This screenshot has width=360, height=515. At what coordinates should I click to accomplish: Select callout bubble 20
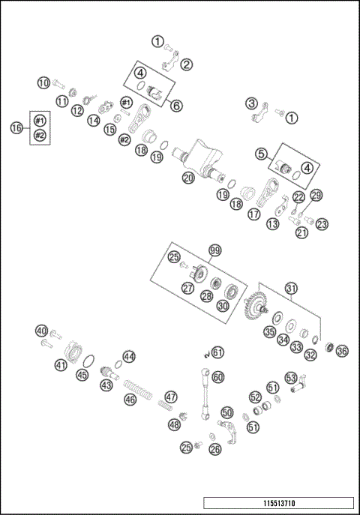point(187,178)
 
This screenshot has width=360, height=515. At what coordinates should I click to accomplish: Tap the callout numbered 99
point(215,250)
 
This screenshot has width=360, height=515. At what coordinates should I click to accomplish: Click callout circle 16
point(16,128)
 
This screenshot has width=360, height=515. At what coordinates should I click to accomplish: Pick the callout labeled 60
point(218,378)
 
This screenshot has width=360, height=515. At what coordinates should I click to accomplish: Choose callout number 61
point(217,352)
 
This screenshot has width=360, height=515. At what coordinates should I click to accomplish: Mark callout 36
point(343,350)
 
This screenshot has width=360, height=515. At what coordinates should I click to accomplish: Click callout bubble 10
point(43,82)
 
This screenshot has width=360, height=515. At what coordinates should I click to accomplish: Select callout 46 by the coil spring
point(130,400)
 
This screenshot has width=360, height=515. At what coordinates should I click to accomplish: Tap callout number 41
point(61,365)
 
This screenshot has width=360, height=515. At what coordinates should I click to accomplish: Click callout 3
point(252,103)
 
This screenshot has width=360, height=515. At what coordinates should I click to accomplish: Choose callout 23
point(322,223)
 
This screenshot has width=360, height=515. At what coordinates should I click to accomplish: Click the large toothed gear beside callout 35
point(256,307)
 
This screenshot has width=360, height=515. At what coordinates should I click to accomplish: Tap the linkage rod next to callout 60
point(204,394)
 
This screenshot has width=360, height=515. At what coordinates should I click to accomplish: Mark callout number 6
point(176,106)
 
